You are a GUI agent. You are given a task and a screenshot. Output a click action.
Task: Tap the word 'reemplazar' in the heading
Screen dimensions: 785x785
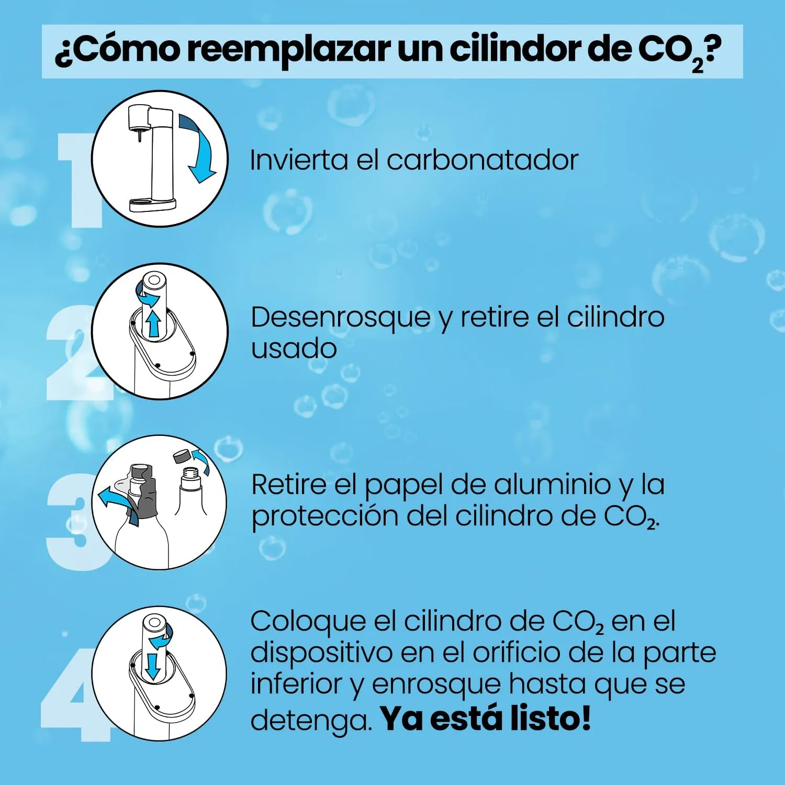(x=288, y=51)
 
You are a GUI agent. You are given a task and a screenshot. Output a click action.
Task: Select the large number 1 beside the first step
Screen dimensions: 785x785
(x=78, y=181)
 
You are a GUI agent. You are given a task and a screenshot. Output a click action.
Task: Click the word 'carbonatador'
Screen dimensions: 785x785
(x=483, y=160)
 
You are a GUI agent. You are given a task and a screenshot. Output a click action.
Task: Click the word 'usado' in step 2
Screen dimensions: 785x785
(x=294, y=349)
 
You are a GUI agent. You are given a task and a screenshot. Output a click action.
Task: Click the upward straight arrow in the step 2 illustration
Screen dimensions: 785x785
(x=153, y=323)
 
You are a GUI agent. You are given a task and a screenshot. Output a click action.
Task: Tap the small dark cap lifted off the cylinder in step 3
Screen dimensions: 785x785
(x=182, y=456)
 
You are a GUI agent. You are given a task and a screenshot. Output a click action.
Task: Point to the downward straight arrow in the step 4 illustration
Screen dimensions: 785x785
(x=153, y=665)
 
